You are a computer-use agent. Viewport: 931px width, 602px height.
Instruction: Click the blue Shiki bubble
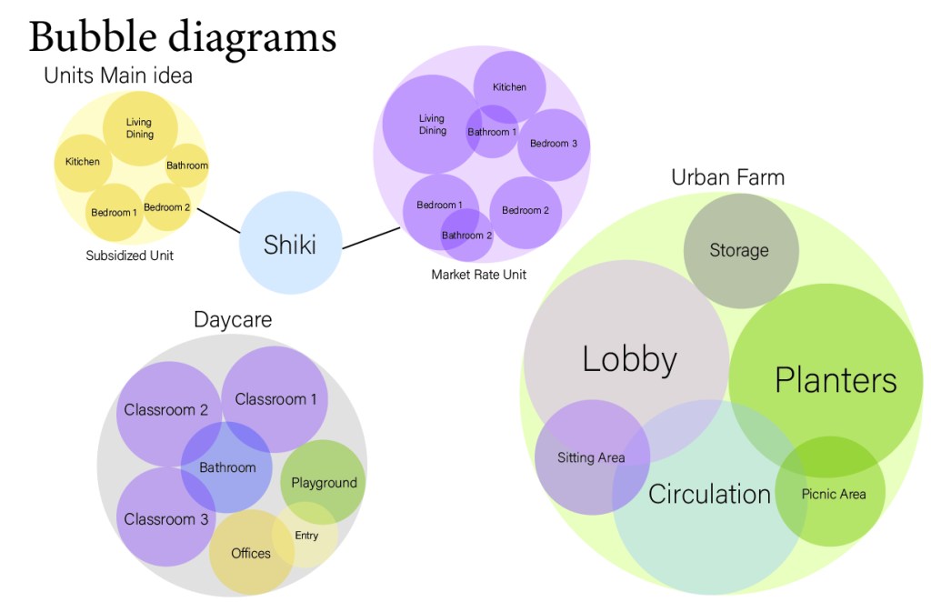(290, 243)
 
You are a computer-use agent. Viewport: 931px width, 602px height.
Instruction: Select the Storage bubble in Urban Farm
(740, 250)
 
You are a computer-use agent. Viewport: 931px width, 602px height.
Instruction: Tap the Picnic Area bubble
(832, 494)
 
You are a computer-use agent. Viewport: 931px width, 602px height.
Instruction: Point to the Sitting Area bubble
(591, 457)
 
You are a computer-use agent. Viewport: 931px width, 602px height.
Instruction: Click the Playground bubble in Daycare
(324, 482)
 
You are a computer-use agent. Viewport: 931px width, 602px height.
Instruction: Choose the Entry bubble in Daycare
(306, 535)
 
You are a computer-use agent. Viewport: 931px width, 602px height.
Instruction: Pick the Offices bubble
(251, 553)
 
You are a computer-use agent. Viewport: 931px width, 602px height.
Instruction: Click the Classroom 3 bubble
(166, 519)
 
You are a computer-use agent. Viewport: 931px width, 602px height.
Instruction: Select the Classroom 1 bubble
(275, 398)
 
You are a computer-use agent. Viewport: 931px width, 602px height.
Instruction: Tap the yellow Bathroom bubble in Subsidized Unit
(187, 166)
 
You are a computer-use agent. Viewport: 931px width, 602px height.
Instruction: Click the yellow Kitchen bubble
(83, 162)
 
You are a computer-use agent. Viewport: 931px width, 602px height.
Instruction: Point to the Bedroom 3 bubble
(554, 144)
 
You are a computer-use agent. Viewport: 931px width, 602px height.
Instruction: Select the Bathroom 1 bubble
(492, 132)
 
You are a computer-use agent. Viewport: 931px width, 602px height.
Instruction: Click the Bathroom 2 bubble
(466, 236)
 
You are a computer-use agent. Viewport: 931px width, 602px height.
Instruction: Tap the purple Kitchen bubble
(509, 87)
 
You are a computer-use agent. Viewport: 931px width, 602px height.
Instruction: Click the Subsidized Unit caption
(129, 256)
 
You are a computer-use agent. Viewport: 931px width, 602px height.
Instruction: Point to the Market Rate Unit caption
(478, 274)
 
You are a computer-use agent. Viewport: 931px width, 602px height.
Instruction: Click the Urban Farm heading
(727, 176)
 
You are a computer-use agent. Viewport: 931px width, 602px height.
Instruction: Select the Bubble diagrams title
(183, 37)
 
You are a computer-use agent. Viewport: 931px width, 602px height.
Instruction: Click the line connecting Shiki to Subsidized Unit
(218, 221)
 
